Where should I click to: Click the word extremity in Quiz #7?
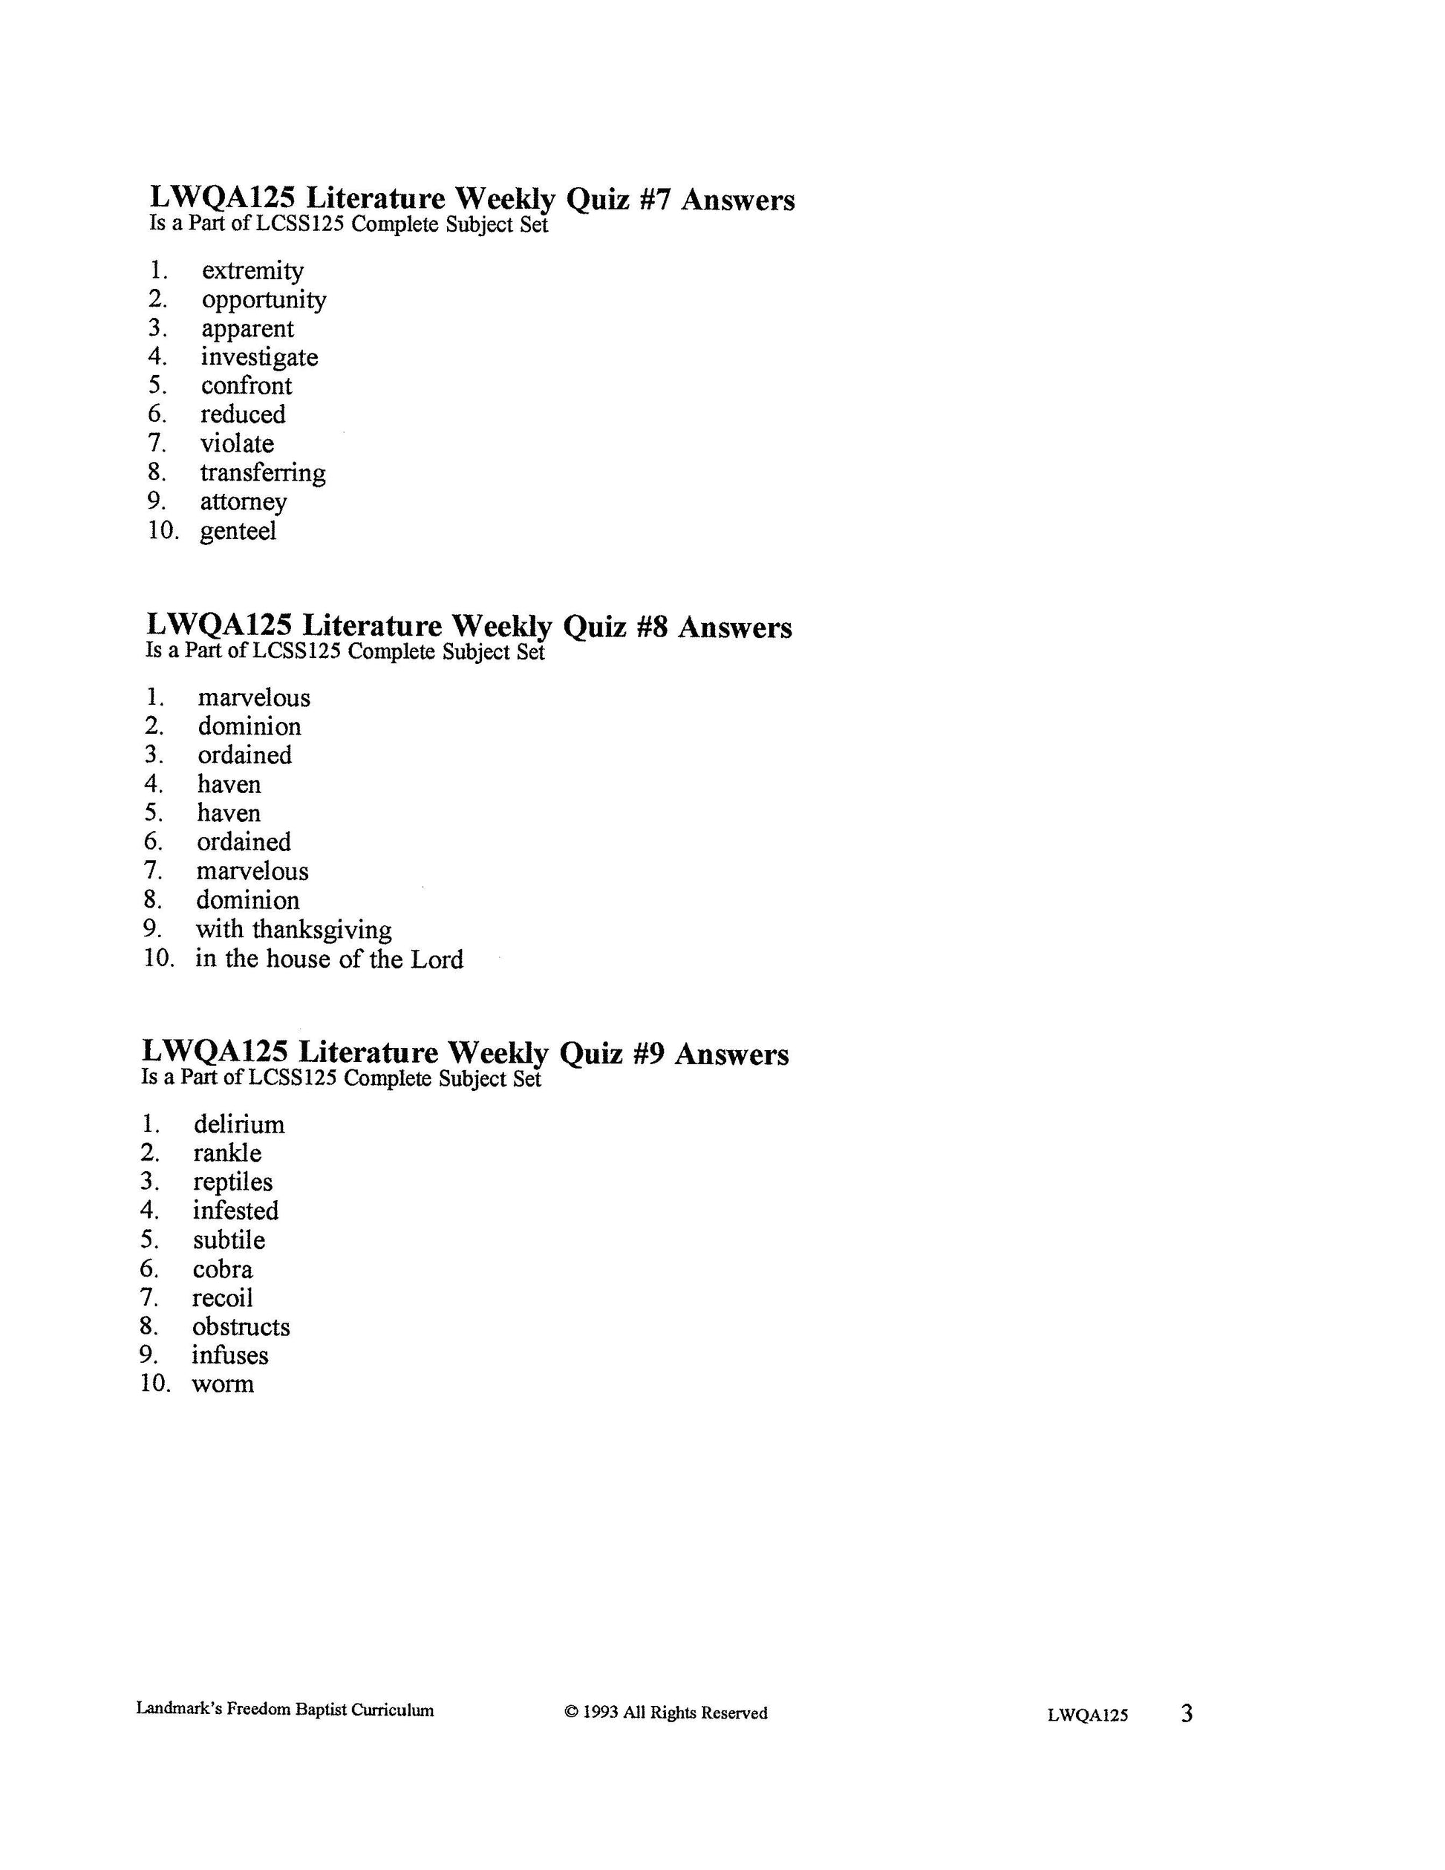tap(252, 271)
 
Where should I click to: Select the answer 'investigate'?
tap(259, 358)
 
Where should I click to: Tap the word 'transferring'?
tap(263, 474)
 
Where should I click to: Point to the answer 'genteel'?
tap(238, 532)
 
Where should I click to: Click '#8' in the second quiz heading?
tap(651, 628)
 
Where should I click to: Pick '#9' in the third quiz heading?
tap(648, 1054)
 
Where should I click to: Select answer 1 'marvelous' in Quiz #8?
tap(254, 698)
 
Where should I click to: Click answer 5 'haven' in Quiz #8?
tap(229, 813)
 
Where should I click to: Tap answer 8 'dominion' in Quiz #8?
tap(247, 901)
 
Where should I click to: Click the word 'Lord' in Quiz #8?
tap(437, 959)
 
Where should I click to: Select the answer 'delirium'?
tap(239, 1124)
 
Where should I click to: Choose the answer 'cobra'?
tap(223, 1270)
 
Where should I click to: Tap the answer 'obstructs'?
tap(241, 1327)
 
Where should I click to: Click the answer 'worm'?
tap(223, 1384)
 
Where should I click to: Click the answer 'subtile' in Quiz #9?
tap(229, 1241)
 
